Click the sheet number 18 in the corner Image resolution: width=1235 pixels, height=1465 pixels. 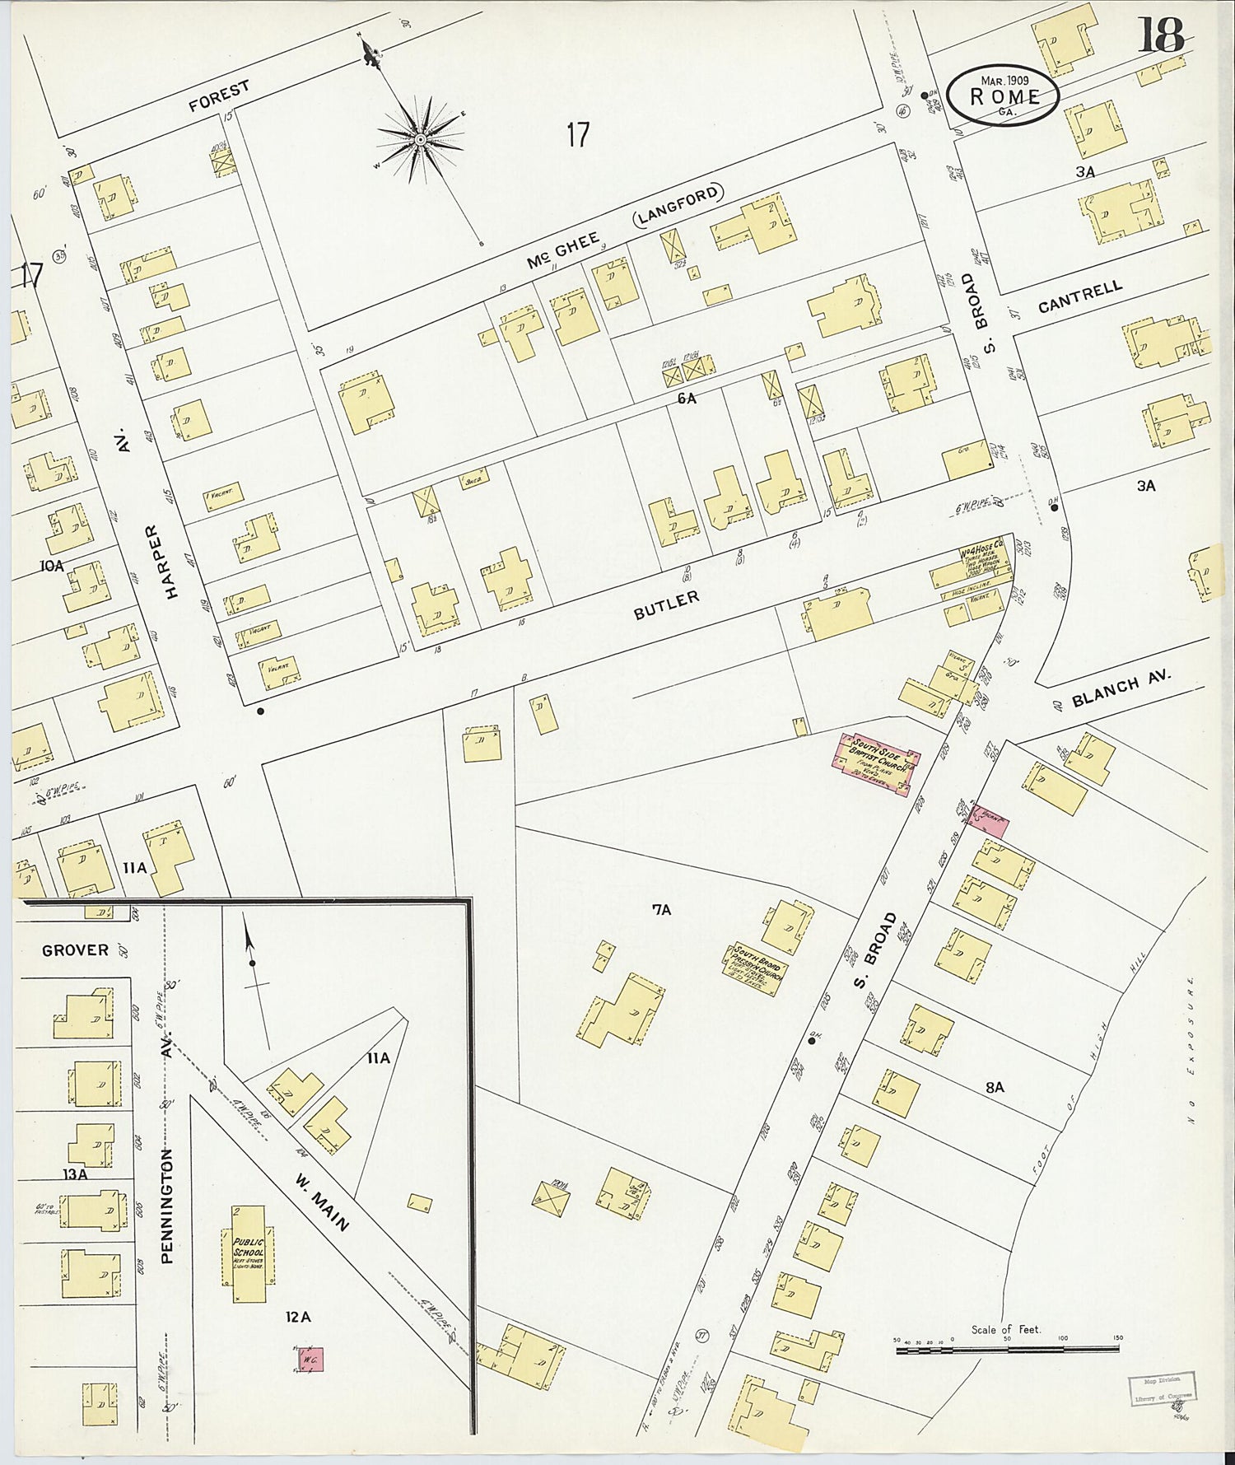[x=1161, y=35]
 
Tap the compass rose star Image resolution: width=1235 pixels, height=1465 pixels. [x=420, y=140]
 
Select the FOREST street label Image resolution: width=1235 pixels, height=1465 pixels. [x=218, y=95]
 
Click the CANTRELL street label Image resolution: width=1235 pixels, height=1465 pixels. [x=1079, y=297]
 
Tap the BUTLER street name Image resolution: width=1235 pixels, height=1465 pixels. [x=666, y=605]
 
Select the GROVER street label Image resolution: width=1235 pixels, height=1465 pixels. [x=75, y=950]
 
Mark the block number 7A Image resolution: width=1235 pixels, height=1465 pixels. [x=661, y=910]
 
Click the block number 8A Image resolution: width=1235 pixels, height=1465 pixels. [x=995, y=1088]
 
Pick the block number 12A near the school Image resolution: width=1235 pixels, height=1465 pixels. [x=297, y=1318]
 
